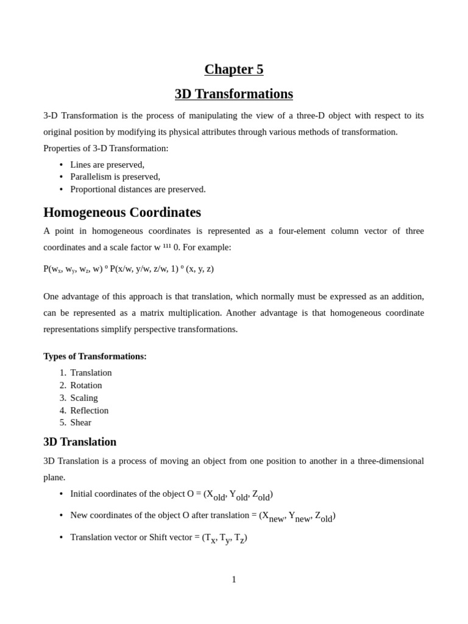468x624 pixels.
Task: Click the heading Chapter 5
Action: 234,69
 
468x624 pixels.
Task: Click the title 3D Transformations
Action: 234,94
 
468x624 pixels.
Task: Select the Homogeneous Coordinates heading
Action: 122,212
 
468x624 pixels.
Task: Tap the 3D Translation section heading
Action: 80,442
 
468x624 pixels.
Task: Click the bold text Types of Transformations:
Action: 95,356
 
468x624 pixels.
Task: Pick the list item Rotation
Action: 86,385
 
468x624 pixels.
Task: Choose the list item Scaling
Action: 84,398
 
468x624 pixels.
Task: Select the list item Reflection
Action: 89,411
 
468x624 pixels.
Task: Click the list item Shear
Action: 80,422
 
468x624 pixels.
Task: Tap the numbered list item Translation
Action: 91,373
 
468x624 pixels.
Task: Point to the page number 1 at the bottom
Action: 234,580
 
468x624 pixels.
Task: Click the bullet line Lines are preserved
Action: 107,165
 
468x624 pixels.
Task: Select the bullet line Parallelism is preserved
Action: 115,177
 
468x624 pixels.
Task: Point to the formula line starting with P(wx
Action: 129,269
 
